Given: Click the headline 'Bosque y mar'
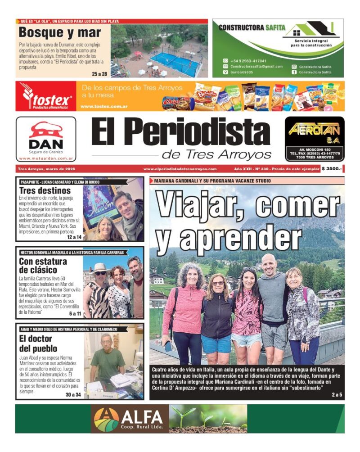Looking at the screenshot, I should pyautogui.click(x=60, y=33).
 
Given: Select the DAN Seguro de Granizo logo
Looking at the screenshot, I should pyautogui.click(x=46, y=139).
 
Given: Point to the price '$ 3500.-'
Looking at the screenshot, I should pyautogui.click(x=332, y=169).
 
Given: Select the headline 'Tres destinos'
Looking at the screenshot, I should pyautogui.click(x=45, y=190).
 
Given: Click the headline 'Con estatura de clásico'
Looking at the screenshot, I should pyautogui.click(x=43, y=266).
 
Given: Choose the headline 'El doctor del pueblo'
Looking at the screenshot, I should pyautogui.click(x=38, y=344).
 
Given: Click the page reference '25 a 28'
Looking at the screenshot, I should pyautogui.click(x=99, y=74).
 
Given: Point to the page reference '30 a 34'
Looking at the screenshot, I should pyautogui.click(x=73, y=395).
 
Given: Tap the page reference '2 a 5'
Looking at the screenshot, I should pyautogui.click(x=337, y=395).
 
